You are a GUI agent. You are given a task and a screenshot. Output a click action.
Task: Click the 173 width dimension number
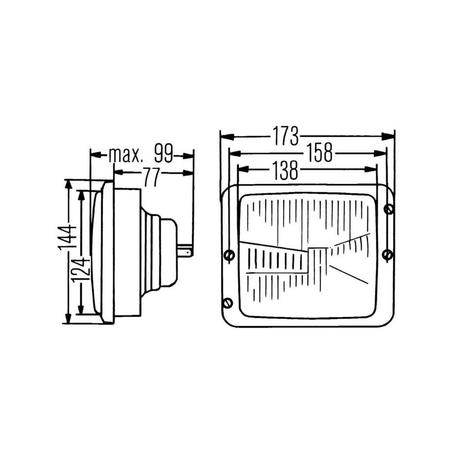point(286,136)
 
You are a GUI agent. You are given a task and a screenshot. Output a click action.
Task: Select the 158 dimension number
point(320,152)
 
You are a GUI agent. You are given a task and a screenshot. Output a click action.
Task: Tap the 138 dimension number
point(285,170)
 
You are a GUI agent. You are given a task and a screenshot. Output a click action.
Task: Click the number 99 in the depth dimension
point(163,153)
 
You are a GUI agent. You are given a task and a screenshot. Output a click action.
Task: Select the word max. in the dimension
point(126,155)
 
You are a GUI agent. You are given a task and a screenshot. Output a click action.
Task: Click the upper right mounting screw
point(388,209)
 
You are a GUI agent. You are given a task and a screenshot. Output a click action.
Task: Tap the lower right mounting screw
point(388,255)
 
